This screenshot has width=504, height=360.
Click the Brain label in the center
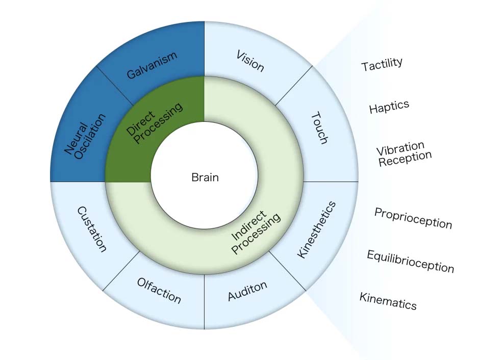[x=205, y=177]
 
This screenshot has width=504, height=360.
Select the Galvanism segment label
[x=152, y=65]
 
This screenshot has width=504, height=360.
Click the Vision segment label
[x=250, y=61]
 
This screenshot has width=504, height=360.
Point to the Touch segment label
[x=319, y=128]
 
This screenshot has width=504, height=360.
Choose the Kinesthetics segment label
[x=317, y=229]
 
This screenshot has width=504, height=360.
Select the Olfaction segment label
[x=159, y=290]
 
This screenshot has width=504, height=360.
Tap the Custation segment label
[x=92, y=229]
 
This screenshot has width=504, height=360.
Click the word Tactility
[x=382, y=64]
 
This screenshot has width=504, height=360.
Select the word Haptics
[x=389, y=107]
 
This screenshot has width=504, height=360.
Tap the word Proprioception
[x=413, y=218]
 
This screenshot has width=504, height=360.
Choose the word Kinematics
[x=388, y=301]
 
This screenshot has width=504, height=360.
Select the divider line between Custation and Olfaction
[x=122, y=271]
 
